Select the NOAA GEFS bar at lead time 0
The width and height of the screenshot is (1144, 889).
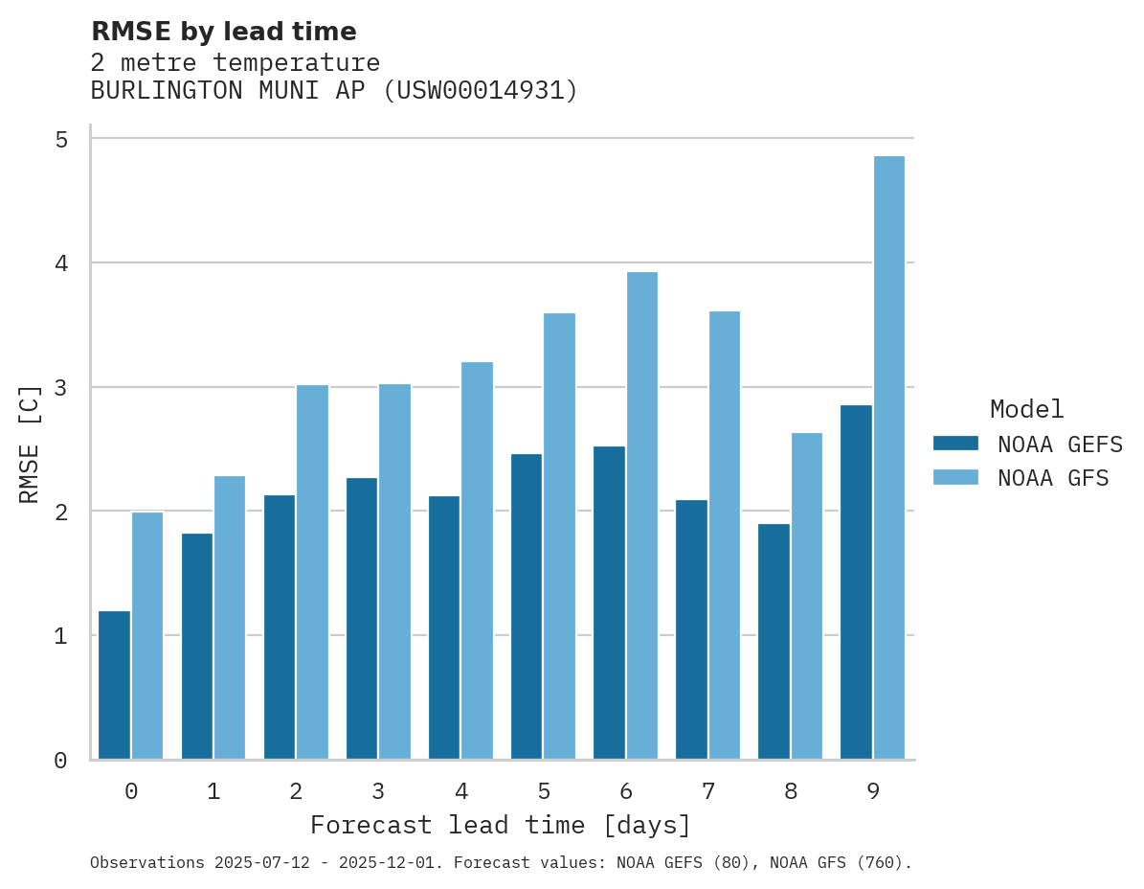pyautogui.click(x=115, y=685)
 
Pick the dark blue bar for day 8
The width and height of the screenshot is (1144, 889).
pyautogui.click(x=774, y=642)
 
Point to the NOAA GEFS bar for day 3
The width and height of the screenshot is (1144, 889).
pyautogui.click(x=362, y=618)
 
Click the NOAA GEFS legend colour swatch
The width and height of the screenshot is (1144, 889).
pyautogui.click(x=955, y=443)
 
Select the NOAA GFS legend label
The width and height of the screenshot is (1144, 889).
pyautogui.click(x=1053, y=478)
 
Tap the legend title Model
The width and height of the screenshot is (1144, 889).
pyautogui.click(x=1026, y=409)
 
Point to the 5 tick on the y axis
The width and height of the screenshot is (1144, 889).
pyautogui.click(x=61, y=139)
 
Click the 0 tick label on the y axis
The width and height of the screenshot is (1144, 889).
pyautogui.click(x=61, y=761)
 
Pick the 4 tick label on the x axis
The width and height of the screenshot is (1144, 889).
pyautogui.click(x=460, y=791)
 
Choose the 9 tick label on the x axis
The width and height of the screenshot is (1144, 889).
pyautogui.click(x=873, y=791)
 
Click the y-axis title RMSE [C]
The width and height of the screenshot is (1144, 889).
pyautogui.click(x=30, y=444)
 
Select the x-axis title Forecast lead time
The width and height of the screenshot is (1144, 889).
pyautogui.click(x=501, y=825)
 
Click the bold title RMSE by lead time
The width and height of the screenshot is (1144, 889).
pyautogui.click(x=223, y=32)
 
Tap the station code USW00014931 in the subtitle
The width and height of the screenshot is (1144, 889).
pyautogui.click(x=480, y=91)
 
